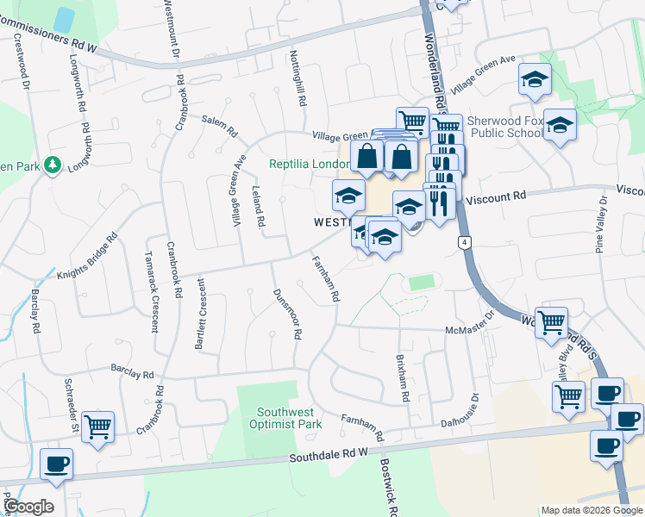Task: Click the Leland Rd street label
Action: [257, 207]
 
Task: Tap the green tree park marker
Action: [53, 164]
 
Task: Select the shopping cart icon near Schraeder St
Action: [98, 426]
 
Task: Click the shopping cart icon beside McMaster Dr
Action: [552, 322]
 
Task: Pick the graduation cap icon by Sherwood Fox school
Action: [560, 126]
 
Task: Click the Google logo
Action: [28, 506]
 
